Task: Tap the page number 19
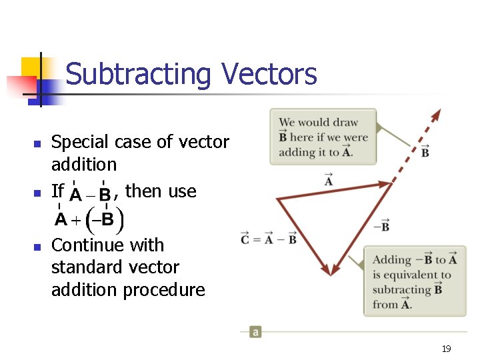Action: coord(447,349)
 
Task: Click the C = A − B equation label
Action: coord(269,239)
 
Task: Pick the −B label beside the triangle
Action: coord(381,227)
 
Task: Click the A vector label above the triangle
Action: coord(329,180)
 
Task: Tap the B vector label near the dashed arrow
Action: coord(425,151)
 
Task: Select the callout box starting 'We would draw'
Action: coord(323,137)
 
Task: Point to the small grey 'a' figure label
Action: coord(255,331)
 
